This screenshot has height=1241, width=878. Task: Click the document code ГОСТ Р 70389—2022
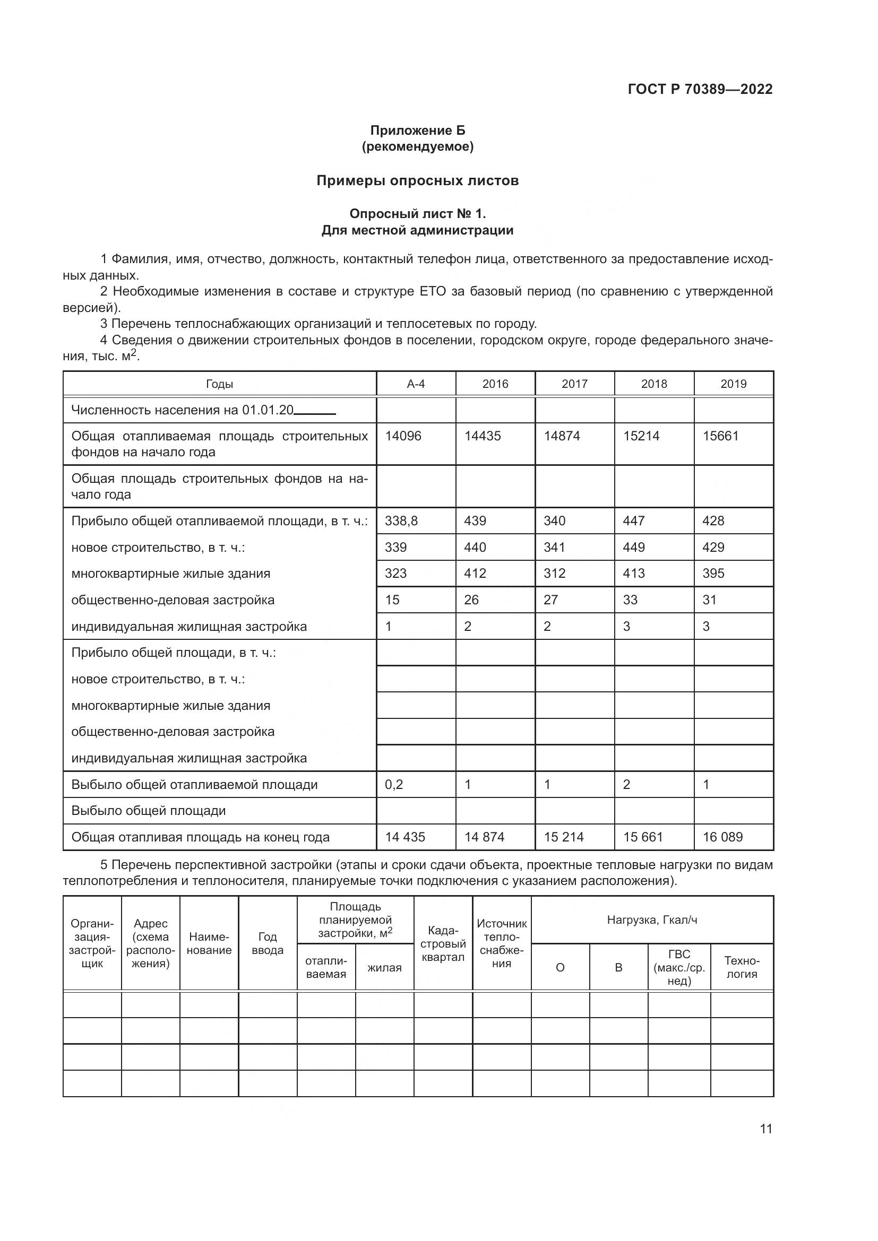point(700,89)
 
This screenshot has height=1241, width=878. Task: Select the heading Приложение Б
point(417,131)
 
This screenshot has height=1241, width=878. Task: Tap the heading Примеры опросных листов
point(417,180)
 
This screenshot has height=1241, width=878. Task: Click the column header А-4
point(415,384)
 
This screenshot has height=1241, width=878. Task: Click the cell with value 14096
point(403,436)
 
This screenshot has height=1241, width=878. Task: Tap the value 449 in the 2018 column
point(634,548)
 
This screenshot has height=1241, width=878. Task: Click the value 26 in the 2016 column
point(471,600)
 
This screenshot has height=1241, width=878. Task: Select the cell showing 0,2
point(393,785)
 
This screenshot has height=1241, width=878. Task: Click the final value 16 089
point(722,837)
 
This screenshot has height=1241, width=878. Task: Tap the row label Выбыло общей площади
point(148,811)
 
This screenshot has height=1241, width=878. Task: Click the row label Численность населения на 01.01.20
point(182,410)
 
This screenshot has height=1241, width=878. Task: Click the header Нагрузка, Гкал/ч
point(651,920)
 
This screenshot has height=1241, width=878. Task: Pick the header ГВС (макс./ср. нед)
point(678,968)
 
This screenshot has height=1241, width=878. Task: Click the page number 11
point(765,1129)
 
